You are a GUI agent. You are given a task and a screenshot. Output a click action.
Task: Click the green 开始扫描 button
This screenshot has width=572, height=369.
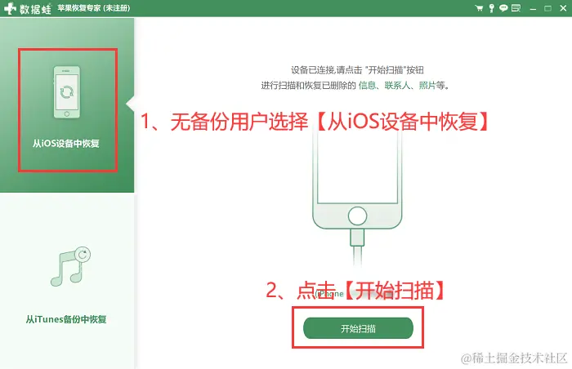(x=358, y=328)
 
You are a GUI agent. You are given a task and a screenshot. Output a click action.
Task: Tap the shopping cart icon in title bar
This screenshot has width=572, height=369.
(x=479, y=8)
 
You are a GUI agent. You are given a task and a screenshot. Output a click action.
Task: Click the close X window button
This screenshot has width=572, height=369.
(x=563, y=8)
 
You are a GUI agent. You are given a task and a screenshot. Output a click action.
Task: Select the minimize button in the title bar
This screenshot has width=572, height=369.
(x=533, y=8)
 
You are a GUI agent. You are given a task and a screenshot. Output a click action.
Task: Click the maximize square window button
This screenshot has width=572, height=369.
(x=547, y=8)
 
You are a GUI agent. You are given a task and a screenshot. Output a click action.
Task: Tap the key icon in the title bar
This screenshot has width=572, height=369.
(x=491, y=8)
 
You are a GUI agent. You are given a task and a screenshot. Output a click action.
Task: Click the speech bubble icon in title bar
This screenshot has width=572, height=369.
(x=503, y=8)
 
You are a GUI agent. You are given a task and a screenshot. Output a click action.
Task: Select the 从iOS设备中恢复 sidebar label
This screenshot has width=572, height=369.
(x=66, y=144)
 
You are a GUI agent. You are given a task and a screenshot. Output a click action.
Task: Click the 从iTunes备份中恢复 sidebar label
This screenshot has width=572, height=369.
(x=66, y=319)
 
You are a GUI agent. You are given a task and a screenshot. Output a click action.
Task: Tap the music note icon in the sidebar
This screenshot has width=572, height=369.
(x=70, y=266)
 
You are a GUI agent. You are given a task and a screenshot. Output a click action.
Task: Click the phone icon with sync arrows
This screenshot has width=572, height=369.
(x=67, y=92)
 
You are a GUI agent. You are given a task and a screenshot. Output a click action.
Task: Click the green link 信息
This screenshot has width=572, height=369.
(x=367, y=86)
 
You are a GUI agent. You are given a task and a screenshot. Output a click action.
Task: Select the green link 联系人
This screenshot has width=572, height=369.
(x=397, y=86)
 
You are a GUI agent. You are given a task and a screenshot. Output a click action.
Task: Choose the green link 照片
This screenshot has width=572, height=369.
(x=427, y=86)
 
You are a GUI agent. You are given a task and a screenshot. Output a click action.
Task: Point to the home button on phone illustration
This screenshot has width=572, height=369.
(x=357, y=216)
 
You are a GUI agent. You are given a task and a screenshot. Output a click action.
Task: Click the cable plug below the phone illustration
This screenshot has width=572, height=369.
(x=357, y=238)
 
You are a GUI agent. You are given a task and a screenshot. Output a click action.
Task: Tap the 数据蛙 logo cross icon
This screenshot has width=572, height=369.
(x=10, y=8)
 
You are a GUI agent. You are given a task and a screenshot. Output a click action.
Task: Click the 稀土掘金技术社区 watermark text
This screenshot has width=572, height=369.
(x=514, y=358)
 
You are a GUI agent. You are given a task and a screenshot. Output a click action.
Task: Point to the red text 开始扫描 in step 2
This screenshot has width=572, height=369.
(x=395, y=291)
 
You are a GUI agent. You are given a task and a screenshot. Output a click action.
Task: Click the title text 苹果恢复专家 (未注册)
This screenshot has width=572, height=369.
(x=94, y=8)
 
